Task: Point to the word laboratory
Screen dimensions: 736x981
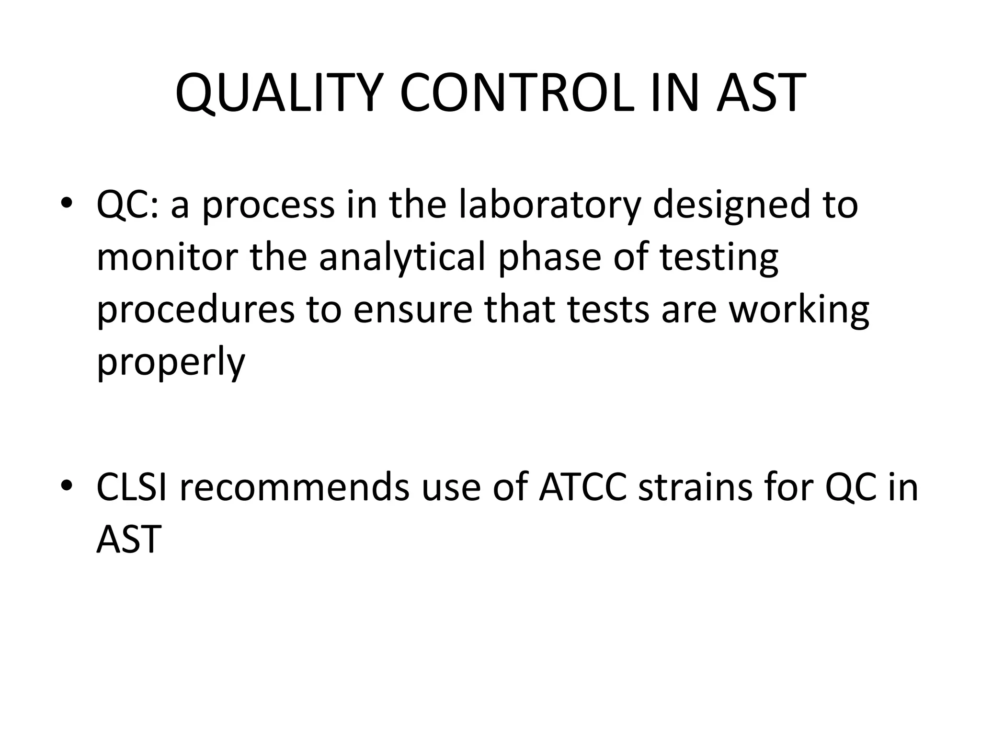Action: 549,205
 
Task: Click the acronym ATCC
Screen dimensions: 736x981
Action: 582,487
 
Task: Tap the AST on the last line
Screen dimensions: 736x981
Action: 128,539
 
